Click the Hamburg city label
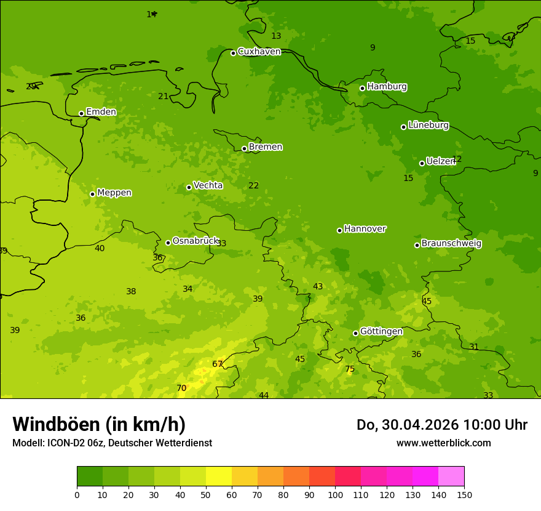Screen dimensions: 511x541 tap(387, 87)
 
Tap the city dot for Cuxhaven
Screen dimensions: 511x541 tap(233, 53)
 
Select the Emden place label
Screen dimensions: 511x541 tap(101, 112)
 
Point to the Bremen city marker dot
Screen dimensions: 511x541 tap(244, 148)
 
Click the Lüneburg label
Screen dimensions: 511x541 tap(428, 126)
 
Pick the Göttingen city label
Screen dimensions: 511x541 tap(381, 332)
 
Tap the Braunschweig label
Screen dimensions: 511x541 tap(451, 244)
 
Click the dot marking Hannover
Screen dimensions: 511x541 tap(339, 230)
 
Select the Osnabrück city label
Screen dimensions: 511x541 tap(195, 241)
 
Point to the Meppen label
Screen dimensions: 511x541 tap(114, 193)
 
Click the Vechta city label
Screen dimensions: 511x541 tap(208, 185)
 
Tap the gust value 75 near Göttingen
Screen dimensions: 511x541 tap(350, 369)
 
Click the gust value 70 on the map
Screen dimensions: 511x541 tap(181, 388)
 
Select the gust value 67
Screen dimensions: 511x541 tap(217, 364)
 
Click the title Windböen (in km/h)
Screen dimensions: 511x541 tap(99, 424)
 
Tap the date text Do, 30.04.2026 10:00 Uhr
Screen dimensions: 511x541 tap(441, 425)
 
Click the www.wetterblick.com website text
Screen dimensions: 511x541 tap(443, 443)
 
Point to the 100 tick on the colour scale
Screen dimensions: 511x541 tap(335, 494)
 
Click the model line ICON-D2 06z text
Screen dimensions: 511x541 tap(112, 443)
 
